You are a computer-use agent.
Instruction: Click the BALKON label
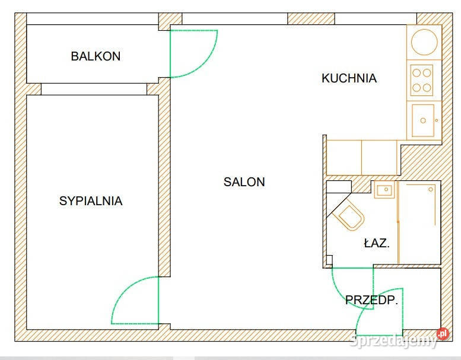96,56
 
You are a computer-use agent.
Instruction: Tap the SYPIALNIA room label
91,201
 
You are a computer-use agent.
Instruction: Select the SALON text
244,182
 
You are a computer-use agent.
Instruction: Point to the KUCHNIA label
349,78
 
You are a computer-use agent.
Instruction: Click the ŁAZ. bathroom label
376,243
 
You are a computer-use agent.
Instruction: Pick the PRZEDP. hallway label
371,301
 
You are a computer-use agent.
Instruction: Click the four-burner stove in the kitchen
422,80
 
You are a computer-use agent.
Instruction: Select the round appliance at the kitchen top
424,41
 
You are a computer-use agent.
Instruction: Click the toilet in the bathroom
349,215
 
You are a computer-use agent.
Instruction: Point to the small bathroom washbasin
384,190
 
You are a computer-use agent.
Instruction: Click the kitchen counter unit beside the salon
362,157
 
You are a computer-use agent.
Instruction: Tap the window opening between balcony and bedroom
94,89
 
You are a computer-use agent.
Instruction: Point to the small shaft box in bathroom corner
339,187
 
